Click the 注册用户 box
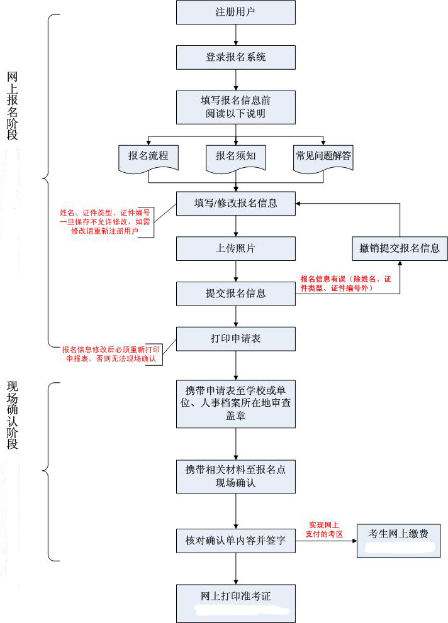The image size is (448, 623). click(x=235, y=13)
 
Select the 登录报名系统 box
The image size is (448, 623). click(x=235, y=57)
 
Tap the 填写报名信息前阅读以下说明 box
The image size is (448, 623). click(x=235, y=106)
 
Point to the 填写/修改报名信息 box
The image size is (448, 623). click(x=235, y=204)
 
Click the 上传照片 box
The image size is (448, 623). click(x=235, y=248)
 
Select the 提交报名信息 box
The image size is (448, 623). click(x=235, y=294)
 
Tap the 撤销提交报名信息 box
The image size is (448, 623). click(x=400, y=248)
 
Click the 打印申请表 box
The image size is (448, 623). click(x=235, y=339)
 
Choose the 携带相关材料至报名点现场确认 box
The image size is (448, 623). click(x=235, y=476)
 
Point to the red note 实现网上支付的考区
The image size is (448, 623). click(x=325, y=529)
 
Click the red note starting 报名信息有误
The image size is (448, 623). click(x=345, y=283)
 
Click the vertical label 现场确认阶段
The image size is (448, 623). click(x=13, y=415)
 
